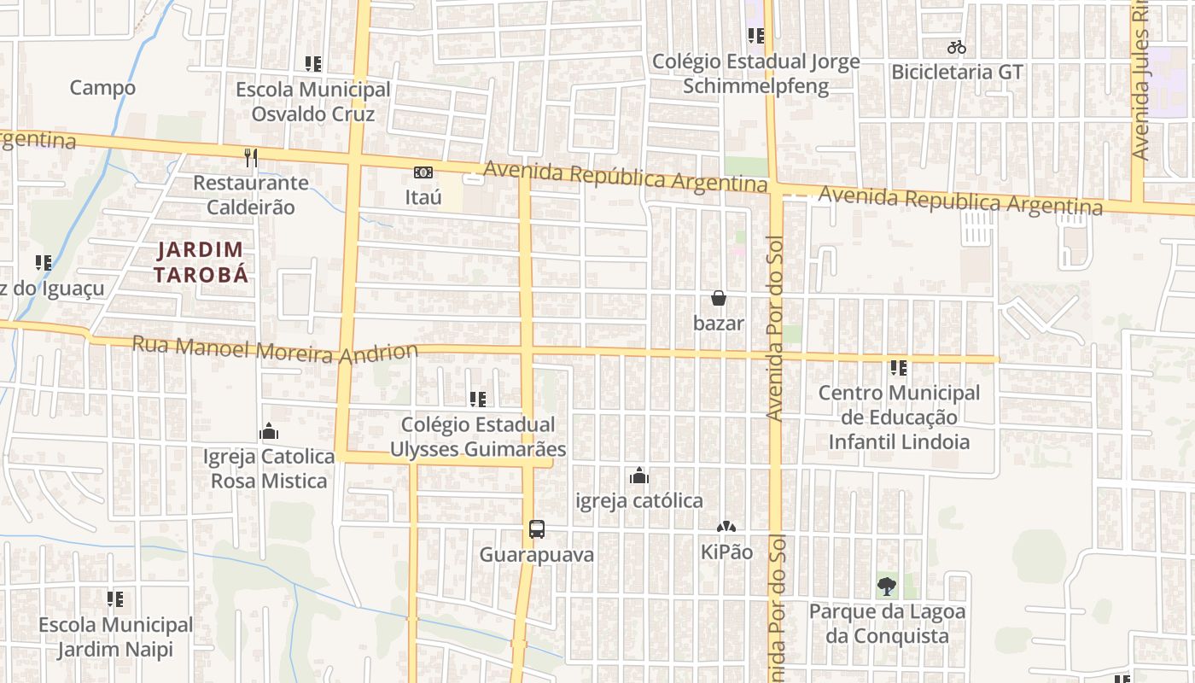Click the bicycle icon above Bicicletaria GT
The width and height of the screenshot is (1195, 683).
[x=956, y=47]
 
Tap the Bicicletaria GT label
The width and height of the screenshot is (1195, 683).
[x=956, y=72]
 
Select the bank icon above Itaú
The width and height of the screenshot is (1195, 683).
[x=423, y=172]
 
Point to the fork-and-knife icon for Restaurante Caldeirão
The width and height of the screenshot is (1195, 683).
[x=251, y=157]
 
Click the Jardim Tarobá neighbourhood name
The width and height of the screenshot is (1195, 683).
[x=201, y=262]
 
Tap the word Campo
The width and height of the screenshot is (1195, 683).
[x=102, y=88]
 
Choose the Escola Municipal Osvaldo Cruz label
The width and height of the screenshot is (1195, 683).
[x=312, y=102]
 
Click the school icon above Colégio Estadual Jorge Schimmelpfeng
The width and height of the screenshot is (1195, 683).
[x=755, y=36]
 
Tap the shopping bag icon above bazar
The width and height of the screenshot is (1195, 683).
[x=719, y=298]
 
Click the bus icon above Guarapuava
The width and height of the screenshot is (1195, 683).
[x=536, y=529]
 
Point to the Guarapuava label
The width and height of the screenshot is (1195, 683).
[x=536, y=555]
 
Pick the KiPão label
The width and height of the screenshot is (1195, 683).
[x=726, y=552]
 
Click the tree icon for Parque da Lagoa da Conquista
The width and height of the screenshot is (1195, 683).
[x=887, y=587]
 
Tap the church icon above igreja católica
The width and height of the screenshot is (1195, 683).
[x=639, y=476]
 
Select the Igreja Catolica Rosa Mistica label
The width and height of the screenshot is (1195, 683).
[x=269, y=469]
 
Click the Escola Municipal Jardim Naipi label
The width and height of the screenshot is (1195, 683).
[x=115, y=637]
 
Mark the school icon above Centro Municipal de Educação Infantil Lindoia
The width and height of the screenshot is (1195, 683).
[x=898, y=368]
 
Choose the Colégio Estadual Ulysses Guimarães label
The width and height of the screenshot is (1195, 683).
[x=478, y=436]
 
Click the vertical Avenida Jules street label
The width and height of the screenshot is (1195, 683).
[x=1140, y=85]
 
